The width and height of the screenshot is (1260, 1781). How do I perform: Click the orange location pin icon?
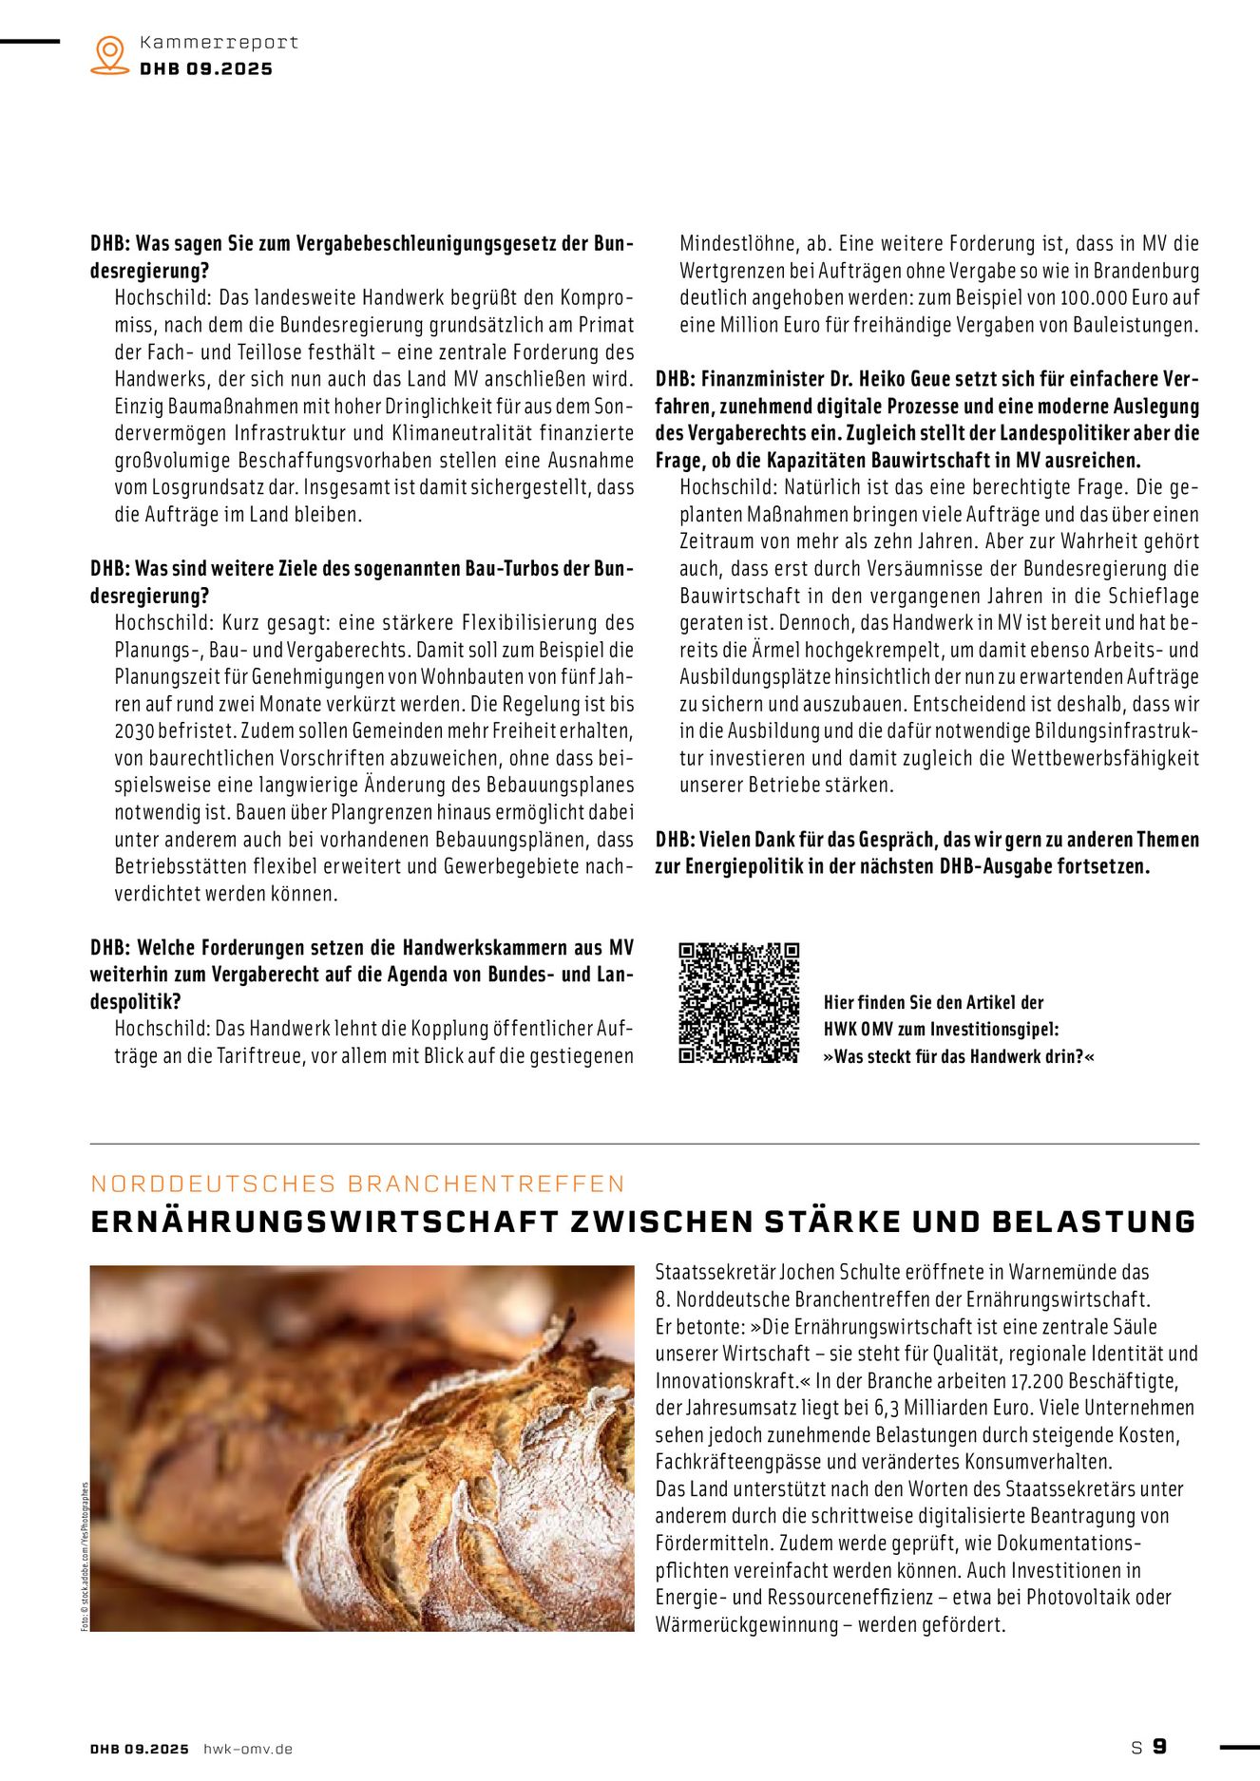tap(110, 54)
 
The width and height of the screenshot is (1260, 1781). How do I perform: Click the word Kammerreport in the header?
tap(219, 43)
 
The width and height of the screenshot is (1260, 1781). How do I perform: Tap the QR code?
tap(738, 1003)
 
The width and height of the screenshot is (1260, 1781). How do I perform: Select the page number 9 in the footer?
tap(1159, 1747)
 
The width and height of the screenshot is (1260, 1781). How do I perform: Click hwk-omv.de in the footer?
tap(248, 1749)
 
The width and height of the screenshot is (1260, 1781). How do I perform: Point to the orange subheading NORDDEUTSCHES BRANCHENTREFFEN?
tap(357, 1184)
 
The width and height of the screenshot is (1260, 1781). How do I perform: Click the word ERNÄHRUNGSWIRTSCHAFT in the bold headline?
tap(324, 1222)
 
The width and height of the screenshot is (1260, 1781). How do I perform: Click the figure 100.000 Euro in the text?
tap(1111, 298)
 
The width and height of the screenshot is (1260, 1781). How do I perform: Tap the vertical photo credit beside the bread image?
tap(84, 1558)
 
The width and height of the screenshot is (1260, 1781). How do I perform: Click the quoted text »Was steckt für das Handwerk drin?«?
tap(959, 1057)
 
